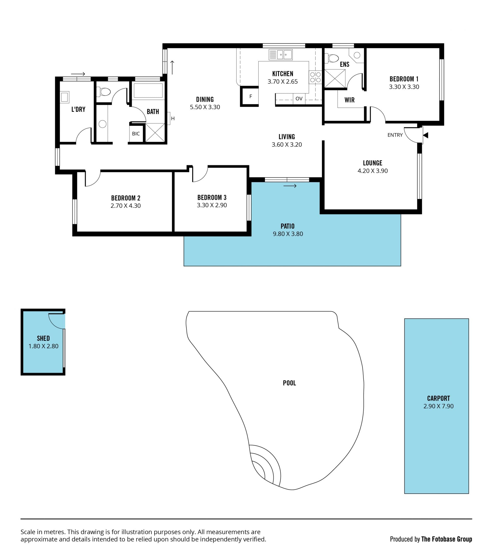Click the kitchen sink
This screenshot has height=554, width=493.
point(280,55)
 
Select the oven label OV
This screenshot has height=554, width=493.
point(299,99)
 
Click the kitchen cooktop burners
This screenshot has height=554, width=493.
point(316,77)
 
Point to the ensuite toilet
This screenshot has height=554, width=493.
point(332,58)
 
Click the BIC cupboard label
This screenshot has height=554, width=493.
point(136,134)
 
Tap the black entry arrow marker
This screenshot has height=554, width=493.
point(425,135)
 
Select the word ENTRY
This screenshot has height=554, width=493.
point(395,135)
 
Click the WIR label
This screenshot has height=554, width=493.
point(349,100)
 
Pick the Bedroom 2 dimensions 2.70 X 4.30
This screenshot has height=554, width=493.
point(126,206)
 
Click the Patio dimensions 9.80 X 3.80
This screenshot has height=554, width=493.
point(288,234)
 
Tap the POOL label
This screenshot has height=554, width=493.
point(289,383)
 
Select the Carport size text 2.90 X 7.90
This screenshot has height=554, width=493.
point(438,406)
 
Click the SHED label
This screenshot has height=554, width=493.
point(43,338)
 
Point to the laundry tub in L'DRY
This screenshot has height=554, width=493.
point(64,97)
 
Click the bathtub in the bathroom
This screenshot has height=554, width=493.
point(148,90)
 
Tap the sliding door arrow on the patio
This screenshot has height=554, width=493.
point(290,186)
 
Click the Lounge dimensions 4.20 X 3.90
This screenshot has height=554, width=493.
point(373,171)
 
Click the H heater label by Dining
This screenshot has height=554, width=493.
point(173,118)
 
